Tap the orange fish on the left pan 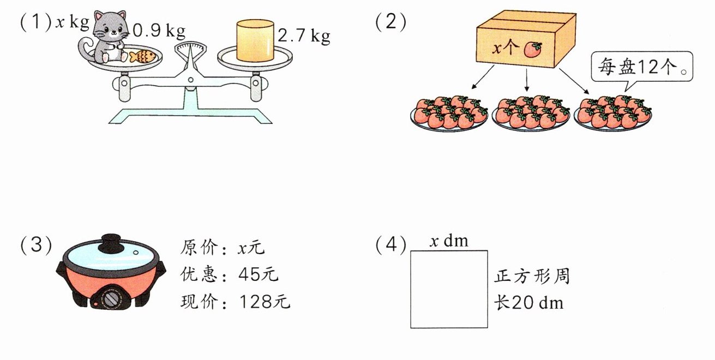tap(143, 56)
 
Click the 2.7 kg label tap(303, 37)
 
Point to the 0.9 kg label tap(159, 31)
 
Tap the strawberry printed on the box tap(532, 50)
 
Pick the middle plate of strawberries tap(531, 112)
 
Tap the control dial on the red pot tap(112, 298)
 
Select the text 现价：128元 tap(235, 301)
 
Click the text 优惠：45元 tap(229, 274)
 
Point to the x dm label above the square tap(448, 241)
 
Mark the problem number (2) tap(390, 22)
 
